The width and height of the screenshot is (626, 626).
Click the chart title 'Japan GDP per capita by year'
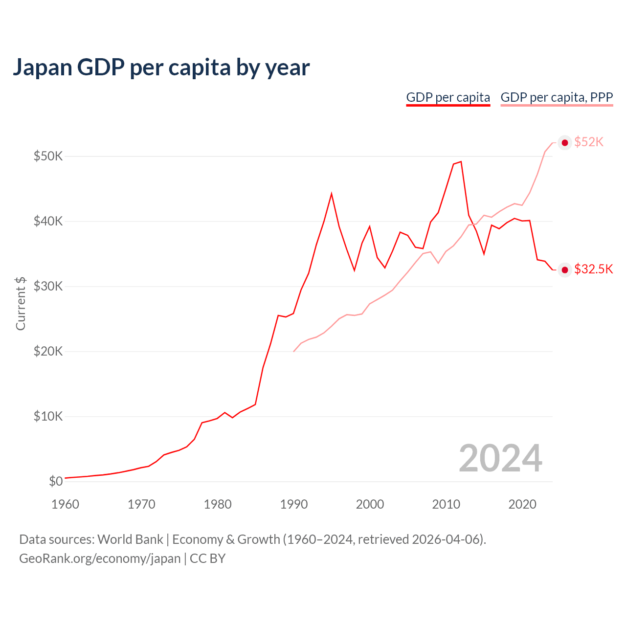pyautogui.click(x=161, y=67)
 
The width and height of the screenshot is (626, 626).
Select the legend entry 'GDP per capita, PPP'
pyautogui.click(x=557, y=97)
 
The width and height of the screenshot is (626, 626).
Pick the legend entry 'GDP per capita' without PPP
pyautogui.click(x=448, y=97)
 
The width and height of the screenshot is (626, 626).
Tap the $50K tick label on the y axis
pyautogui.click(x=48, y=156)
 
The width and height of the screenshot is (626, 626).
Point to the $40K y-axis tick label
pyautogui.click(x=48, y=221)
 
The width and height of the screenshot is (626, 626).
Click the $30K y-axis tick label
pyautogui.click(x=48, y=286)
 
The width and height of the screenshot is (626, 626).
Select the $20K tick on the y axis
pyautogui.click(x=48, y=351)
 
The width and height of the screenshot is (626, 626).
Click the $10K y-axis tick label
pyautogui.click(x=48, y=416)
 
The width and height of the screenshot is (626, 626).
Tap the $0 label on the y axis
pyautogui.click(x=56, y=481)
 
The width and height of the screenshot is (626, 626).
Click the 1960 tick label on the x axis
pyautogui.click(x=65, y=504)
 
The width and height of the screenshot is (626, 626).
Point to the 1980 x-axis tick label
pyautogui.click(x=218, y=504)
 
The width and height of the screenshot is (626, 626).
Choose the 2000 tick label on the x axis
pyautogui.click(x=370, y=504)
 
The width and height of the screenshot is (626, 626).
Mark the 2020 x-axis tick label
pyautogui.click(x=522, y=504)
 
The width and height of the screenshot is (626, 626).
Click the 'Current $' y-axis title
pyautogui.click(x=21, y=303)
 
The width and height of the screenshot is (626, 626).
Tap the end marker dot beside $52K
pyautogui.click(x=565, y=142)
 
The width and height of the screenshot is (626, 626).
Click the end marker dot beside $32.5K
pyautogui.click(x=565, y=270)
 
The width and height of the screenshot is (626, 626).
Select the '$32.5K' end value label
pyautogui.click(x=593, y=269)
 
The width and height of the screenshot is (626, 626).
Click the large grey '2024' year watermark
pyautogui.click(x=500, y=458)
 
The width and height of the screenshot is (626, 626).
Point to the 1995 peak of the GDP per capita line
pyautogui.click(x=332, y=194)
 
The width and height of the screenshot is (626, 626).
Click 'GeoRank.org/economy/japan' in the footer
pyautogui.click(x=100, y=559)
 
